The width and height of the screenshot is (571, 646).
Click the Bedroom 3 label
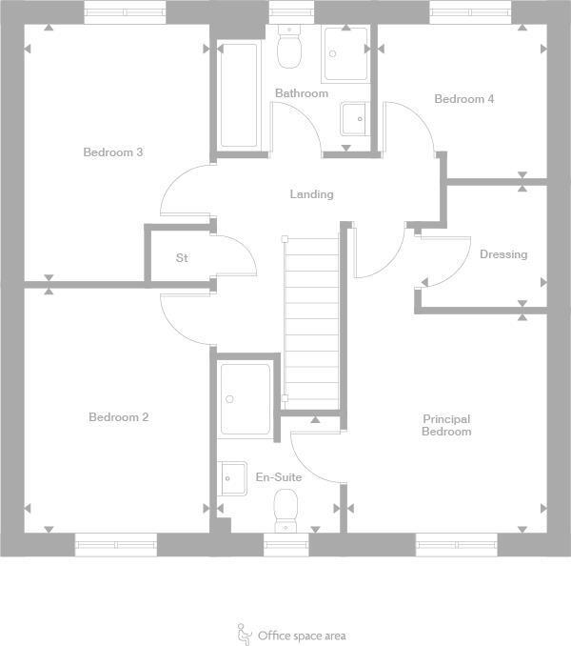[112, 152]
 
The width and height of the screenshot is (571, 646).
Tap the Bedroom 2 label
[118, 417]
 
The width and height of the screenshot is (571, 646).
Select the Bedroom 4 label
[463, 99]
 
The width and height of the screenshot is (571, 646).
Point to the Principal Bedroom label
[446, 425]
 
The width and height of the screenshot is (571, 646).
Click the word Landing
[311, 194]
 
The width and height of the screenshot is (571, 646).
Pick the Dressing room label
[502, 254]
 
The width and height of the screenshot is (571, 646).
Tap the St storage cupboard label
[182, 258]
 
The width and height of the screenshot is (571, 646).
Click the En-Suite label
[279, 476]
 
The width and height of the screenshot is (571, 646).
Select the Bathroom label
[302, 93]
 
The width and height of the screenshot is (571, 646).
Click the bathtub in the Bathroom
[239, 95]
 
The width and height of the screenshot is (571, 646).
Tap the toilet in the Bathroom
[288, 47]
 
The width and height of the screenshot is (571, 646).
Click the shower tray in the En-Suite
[246, 398]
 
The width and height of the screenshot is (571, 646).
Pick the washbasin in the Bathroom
[354, 119]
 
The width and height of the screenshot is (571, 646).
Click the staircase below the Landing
[312, 319]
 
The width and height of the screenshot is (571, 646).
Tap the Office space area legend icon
[243, 633]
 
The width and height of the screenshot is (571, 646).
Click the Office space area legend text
[302, 636]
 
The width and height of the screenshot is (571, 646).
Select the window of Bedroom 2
[115, 545]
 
